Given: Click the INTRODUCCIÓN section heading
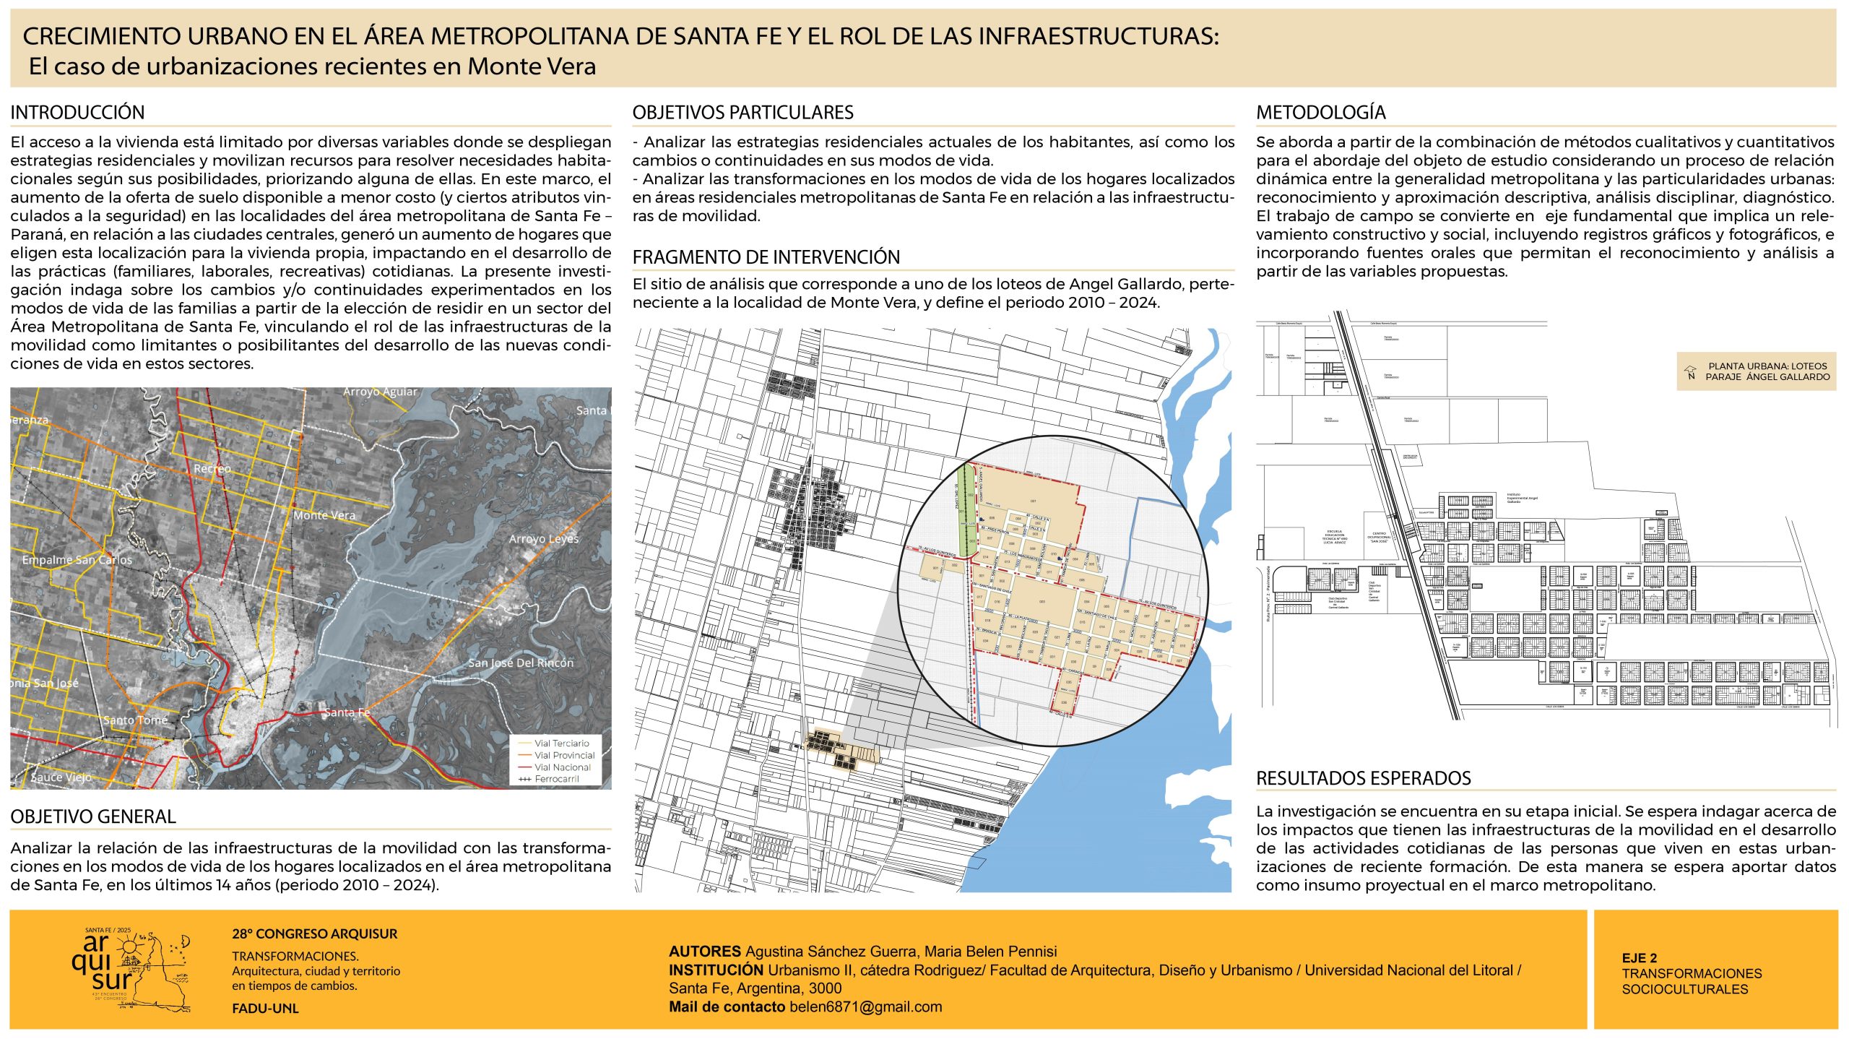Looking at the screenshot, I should pyautogui.click(x=77, y=113).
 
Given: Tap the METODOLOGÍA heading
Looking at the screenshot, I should pyautogui.click(x=1320, y=113).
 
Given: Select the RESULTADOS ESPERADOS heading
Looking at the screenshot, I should pyautogui.click(x=1363, y=778).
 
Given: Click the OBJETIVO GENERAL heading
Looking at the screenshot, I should pyautogui.click(x=93, y=816).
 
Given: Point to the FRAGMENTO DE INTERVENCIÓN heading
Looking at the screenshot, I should pyautogui.click(x=766, y=257).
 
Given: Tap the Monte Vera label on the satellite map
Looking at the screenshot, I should pyautogui.click(x=324, y=515).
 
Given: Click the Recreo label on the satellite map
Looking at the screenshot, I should pyautogui.click(x=212, y=469).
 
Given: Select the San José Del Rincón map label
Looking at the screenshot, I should pyautogui.click(x=521, y=663).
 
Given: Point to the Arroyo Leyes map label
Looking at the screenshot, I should pyautogui.click(x=543, y=539).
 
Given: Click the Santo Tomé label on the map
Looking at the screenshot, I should pyautogui.click(x=135, y=720).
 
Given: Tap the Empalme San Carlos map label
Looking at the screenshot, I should pyautogui.click(x=77, y=560).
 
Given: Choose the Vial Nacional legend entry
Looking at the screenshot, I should pyautogui.click(x=562, y=767).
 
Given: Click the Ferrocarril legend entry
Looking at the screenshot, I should pyautogui.click(x=556, y=779).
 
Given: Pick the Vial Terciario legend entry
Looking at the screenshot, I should pyautogui.click(x=561, y=743).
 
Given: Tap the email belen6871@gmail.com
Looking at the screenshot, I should pyautogui.click(x=865, y=1007).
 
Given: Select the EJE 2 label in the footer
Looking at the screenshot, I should pyautogui.click(x=1639, y=958).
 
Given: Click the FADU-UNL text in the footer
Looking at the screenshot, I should pyautogui.click(x=265, y=1009).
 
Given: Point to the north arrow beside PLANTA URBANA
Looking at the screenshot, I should pyautogui.click(x=1690, y=372).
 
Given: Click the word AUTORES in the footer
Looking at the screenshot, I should pyautogui.click(x=704, y=952).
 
